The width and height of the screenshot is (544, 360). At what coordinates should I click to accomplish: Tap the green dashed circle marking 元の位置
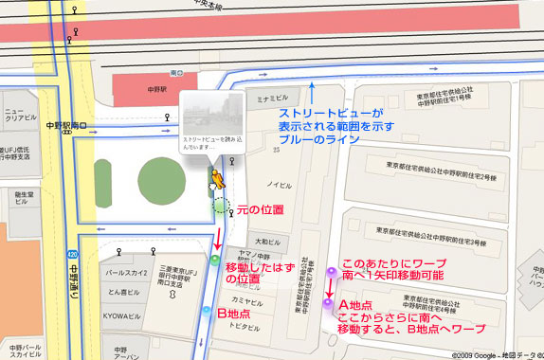[x=222, y=207]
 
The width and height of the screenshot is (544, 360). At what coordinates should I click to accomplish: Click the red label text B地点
[x=234, y=313]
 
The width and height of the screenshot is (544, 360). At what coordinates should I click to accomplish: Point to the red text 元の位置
[x=260, y=207]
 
